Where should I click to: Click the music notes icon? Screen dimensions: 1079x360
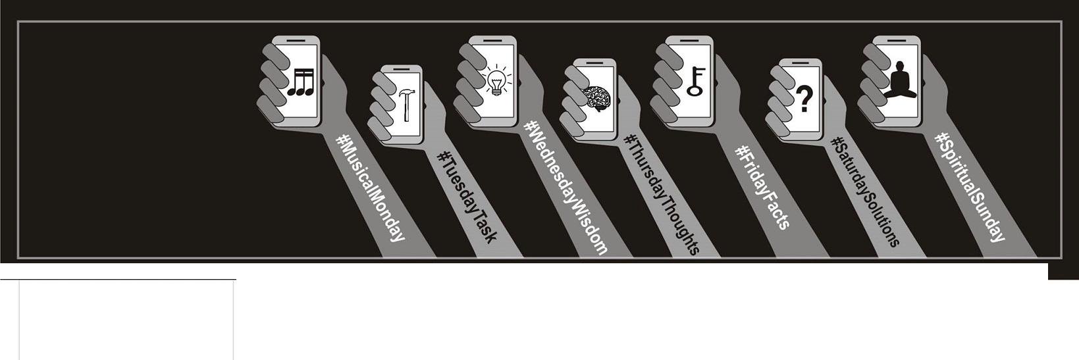click(x=301, y=82)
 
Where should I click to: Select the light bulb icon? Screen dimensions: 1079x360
click(x=497, y=80)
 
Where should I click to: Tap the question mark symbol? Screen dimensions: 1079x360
click(x=803, y=99)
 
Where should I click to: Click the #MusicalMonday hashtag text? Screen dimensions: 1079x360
click(x=370, y=187)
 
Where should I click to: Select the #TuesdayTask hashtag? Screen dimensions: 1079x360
click(x=466, y=197)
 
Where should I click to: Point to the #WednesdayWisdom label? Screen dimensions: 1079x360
click(x=566, y=187)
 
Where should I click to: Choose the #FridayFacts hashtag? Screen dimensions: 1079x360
click(x=762, y=188)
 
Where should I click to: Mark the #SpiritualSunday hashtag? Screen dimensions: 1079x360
click(x=970, y=187)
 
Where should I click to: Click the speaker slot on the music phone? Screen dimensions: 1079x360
click(x=296, y=41)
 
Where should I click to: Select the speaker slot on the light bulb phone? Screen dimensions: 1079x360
click(x=492, y=41)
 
